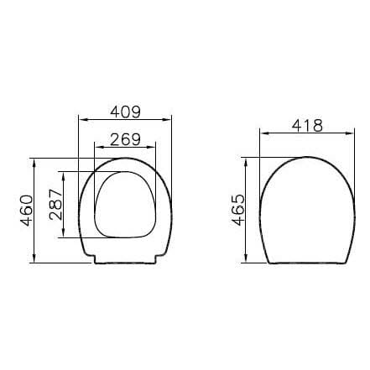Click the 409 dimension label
click(x=125, y=112)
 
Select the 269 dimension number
click(x=125, y=139)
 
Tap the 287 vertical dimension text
click(x=55, y=205)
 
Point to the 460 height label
click(x=27, y=211)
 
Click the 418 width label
click(x=307, y=126)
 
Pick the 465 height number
click(x=238, y=210)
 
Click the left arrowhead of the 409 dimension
click(x=82, y=119)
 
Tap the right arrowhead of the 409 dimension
click(x=168, y=119)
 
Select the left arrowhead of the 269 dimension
click(x=98, y=147)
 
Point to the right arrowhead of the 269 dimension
click(x=152, y=147)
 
